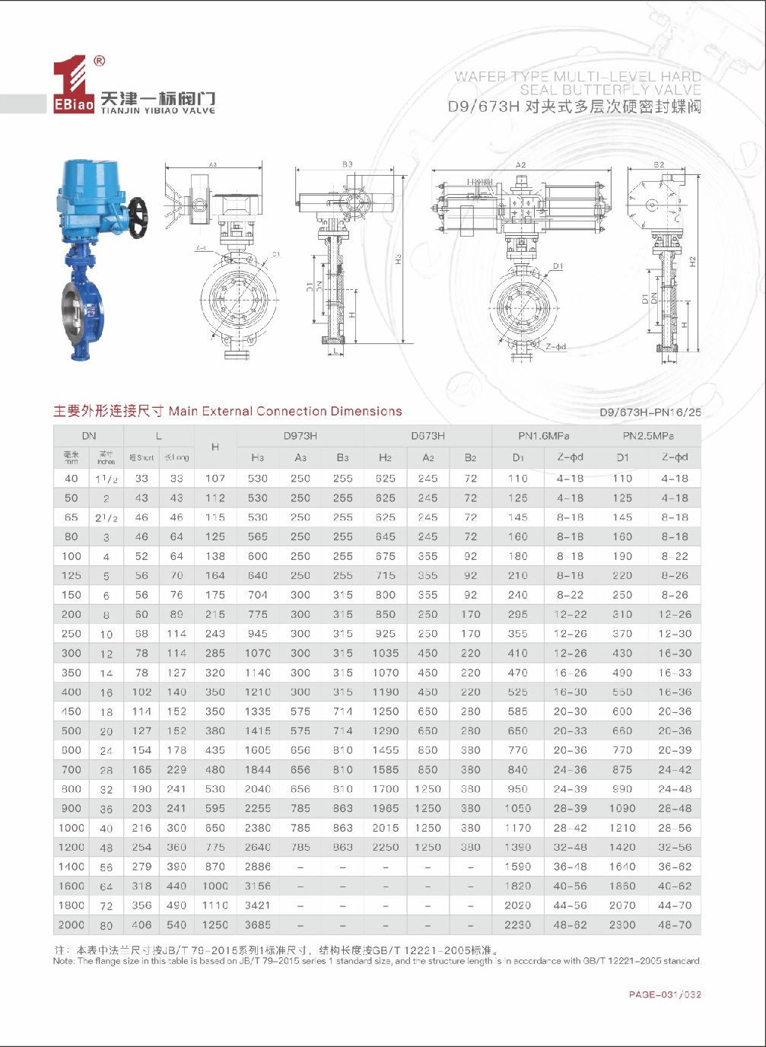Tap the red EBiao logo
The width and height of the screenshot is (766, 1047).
pos(73,87)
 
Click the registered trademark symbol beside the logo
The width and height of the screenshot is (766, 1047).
pos(99,62)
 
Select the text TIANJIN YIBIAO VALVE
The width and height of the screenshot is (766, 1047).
pos(158,110)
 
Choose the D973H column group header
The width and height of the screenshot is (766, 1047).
pos(300,436)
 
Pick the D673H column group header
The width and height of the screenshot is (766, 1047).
pos(427,436)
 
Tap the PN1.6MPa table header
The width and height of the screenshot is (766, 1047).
pos(544,436)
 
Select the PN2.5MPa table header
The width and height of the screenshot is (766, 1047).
pos(648,436)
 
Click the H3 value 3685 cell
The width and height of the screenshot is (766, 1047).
pos(258,924)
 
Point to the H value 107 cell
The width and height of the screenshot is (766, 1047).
pos(215,479)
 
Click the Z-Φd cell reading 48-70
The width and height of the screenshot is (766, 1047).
pos(675,924)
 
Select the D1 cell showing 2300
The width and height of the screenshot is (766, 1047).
pos(622,924)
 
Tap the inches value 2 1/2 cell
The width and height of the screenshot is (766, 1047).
pos(106,517)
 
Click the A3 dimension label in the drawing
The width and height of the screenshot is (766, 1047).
pos(213,164)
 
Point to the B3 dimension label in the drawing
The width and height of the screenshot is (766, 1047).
pos(348,164)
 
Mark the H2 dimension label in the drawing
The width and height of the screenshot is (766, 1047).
pos(692,261)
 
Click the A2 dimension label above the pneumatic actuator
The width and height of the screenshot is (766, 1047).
pos(520,165)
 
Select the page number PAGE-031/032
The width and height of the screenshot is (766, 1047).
pos(665,994)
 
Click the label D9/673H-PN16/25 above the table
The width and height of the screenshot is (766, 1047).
pos(650,412)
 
